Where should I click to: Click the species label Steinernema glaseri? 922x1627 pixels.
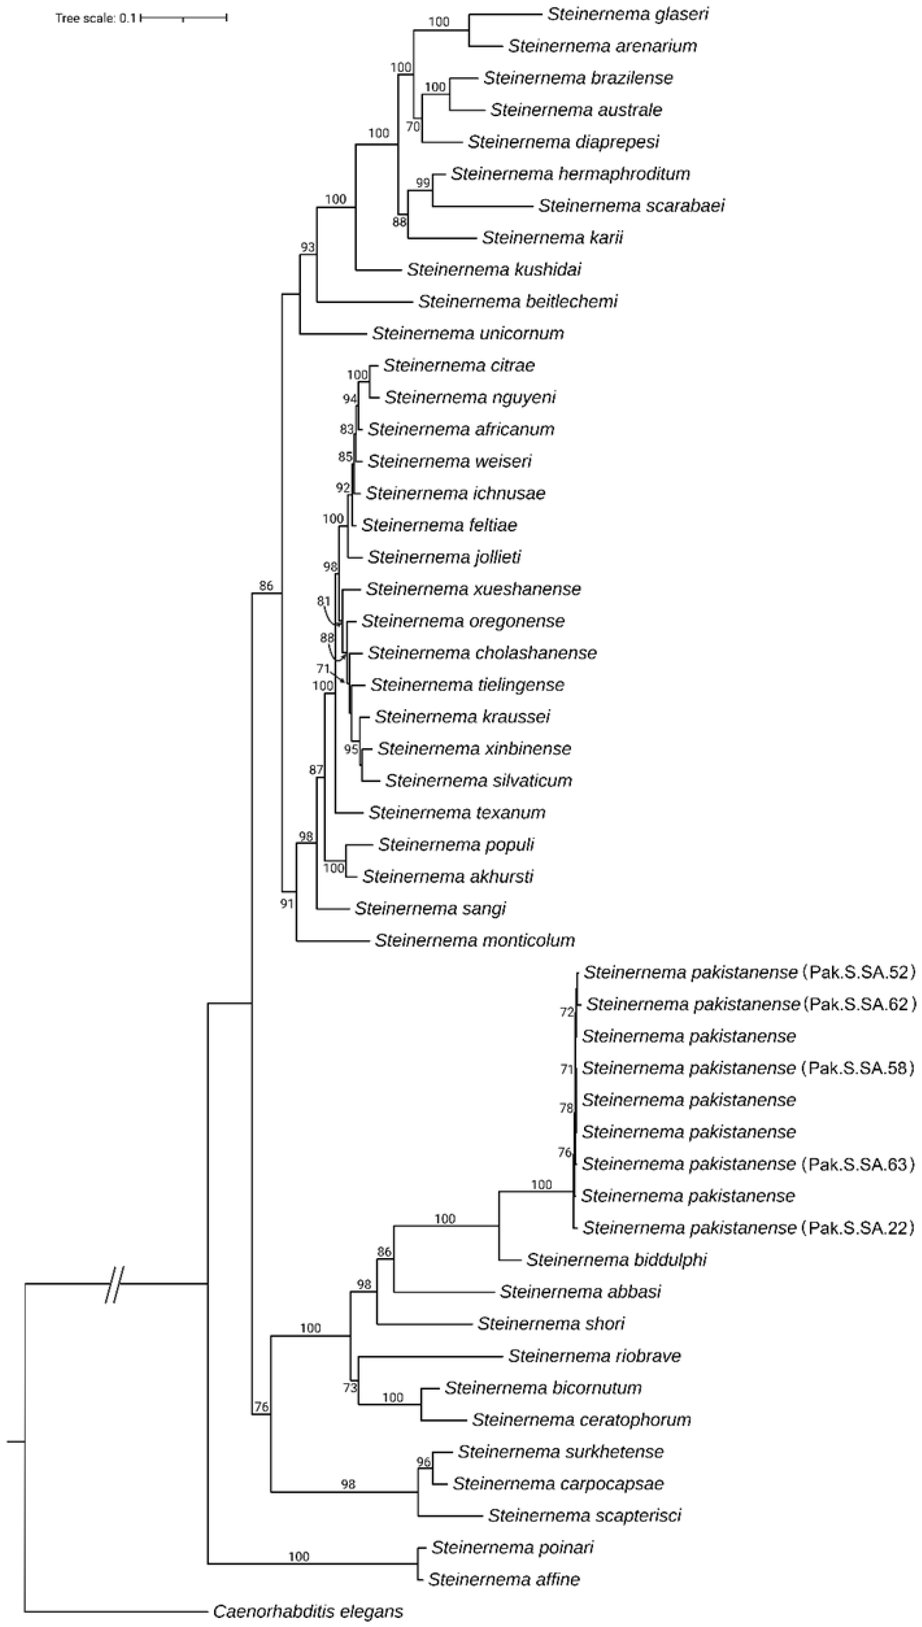[x=627, y=14]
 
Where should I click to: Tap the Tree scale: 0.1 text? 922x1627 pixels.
[x=95, y=18]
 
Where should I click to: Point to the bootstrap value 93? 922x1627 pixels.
[x=307, y=247]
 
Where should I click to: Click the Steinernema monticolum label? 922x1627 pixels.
[x=474, y=940]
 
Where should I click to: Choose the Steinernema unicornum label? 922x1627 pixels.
[x=468, y=333]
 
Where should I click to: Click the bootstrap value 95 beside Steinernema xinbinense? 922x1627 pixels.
[x=351, y=749]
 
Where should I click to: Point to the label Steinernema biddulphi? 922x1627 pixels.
[x=616, y=1259]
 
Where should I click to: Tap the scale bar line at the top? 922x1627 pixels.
[x=184, y=18]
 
